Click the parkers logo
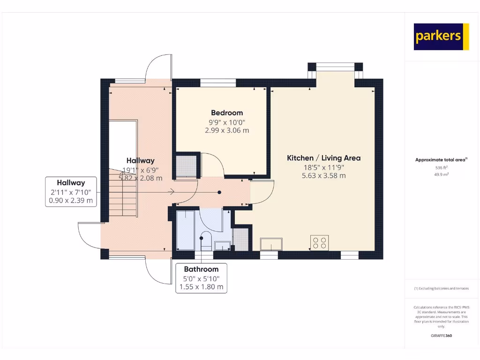[441, 37]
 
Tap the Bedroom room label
[227, 112]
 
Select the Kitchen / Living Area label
[323, 158]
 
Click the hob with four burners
[320, 242]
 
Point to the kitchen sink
[271, 244]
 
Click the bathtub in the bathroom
[186, 231]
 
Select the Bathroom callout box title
[201, 269]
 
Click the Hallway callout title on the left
[71, 182]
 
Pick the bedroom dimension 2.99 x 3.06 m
[227, 130]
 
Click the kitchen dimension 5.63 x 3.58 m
[323, 176]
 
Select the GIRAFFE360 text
[441, 336]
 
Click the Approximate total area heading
[440, 160]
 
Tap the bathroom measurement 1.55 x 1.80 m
[201, 286]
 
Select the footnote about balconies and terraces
[441, 288]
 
